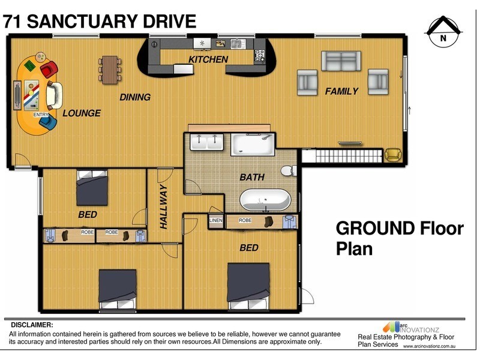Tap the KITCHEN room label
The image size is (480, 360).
click(208, 59)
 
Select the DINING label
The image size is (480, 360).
click(135, 97)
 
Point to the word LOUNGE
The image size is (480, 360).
click(82, 113)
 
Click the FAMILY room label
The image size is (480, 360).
click(341, 91)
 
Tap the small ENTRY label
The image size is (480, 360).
click(41, 115)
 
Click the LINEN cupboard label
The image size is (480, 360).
click(215, 221)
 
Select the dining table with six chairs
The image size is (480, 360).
click(110, 70)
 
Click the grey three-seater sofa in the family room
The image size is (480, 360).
click(341, 61)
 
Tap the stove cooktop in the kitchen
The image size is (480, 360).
click(260, 55)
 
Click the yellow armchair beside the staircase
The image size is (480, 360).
click(392, 155)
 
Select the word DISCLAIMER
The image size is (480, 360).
click(31, 325)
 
